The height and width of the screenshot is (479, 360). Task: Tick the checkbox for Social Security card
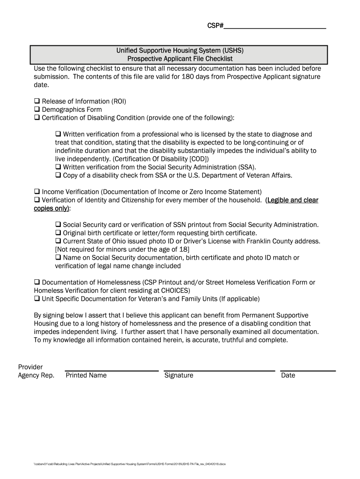point(58,225)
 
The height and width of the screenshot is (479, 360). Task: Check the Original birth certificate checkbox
point(58,233)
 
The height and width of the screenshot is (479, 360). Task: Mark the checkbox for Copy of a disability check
point(58,175)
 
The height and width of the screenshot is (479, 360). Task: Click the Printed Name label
point(86,375)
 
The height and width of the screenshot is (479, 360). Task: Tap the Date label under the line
point(288,375)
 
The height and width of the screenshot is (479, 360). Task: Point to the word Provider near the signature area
point(30,367)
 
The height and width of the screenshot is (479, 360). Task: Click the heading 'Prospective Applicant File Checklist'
point(180,59)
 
